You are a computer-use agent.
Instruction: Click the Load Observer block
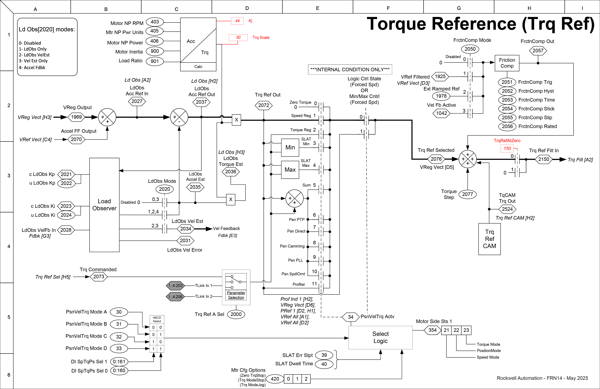pos(104,205)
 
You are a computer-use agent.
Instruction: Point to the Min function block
pos(290,147)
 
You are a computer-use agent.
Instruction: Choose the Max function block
pos(290,170)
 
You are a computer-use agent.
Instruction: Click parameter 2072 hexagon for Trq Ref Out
pos(263,105)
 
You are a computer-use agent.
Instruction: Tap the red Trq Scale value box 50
pos(238,37)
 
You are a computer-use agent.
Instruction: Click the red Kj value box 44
pos(237,21)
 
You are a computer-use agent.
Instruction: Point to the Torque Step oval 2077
pos(467,194)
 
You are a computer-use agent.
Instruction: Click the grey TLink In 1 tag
pos(175,285)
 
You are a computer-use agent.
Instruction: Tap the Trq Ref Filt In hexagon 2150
pos(544,159)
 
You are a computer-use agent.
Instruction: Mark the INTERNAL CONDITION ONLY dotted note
pos(350,69)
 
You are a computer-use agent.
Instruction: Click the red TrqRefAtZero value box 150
pos(507,148)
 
